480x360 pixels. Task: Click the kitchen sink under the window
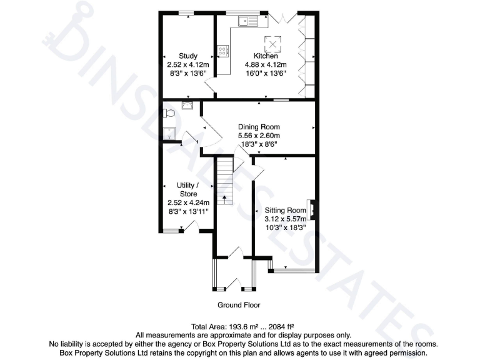[247, 22]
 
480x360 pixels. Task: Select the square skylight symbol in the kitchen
[274, 44]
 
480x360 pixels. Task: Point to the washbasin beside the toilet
[187, 106]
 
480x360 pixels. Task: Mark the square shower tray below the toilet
[169, 132]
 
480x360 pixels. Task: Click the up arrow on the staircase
[223, 199]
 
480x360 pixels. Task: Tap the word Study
[187, 56]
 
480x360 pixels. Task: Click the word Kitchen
[266, 56]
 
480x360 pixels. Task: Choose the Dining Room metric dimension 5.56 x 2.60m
[259, 136]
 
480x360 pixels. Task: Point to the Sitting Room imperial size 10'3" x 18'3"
[285, 227]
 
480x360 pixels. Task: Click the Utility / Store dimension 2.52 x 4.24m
[187, 202]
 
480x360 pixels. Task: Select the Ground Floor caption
[239, 305]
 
